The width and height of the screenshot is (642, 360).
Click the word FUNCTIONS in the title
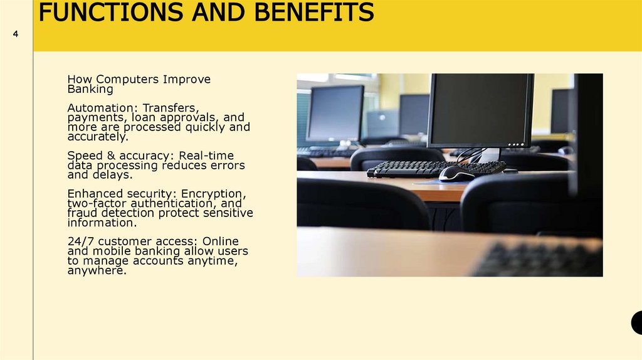point(107,13)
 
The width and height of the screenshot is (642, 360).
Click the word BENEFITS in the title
point(303,13)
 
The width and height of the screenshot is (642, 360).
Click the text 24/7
point(80,241)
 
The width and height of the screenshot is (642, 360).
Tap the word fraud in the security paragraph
point(82,213)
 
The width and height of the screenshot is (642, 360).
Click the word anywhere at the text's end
point(96,271)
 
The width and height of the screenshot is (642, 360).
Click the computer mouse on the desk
point(456,174)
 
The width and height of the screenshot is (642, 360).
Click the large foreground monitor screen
point(480,110)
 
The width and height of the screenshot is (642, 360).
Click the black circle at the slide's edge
point(637,322)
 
